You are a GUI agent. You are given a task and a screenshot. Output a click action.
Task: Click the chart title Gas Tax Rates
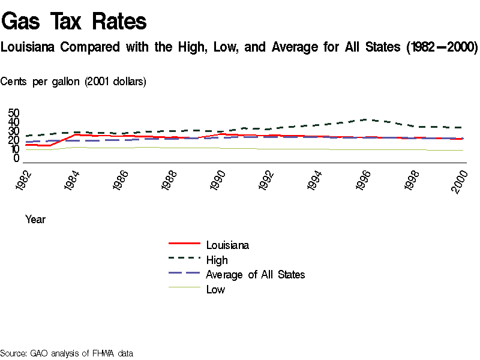tap(74, 22)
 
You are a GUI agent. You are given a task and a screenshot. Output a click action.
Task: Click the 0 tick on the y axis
tap(17, 158)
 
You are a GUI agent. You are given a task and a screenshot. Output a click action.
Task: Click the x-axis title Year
tap(35, 220)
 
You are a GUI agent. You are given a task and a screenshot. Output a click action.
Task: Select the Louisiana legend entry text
tap(227, 245)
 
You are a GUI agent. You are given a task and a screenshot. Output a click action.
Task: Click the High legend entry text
tap(217, 260)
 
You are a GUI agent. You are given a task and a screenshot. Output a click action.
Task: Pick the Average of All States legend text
tap(256, 275)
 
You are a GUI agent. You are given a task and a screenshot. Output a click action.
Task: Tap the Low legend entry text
tap(215, 290)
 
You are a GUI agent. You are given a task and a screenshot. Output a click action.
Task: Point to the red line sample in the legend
tap(184, 244)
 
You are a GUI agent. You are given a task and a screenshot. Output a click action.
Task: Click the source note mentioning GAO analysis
tap(66, 353)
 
